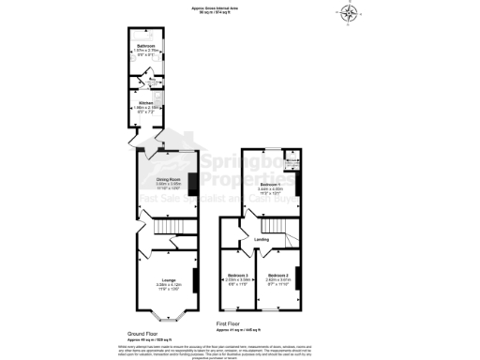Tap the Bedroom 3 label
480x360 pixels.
pos(237,275)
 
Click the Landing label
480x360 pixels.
pos(262,240)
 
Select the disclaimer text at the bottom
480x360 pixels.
pos(240,350)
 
